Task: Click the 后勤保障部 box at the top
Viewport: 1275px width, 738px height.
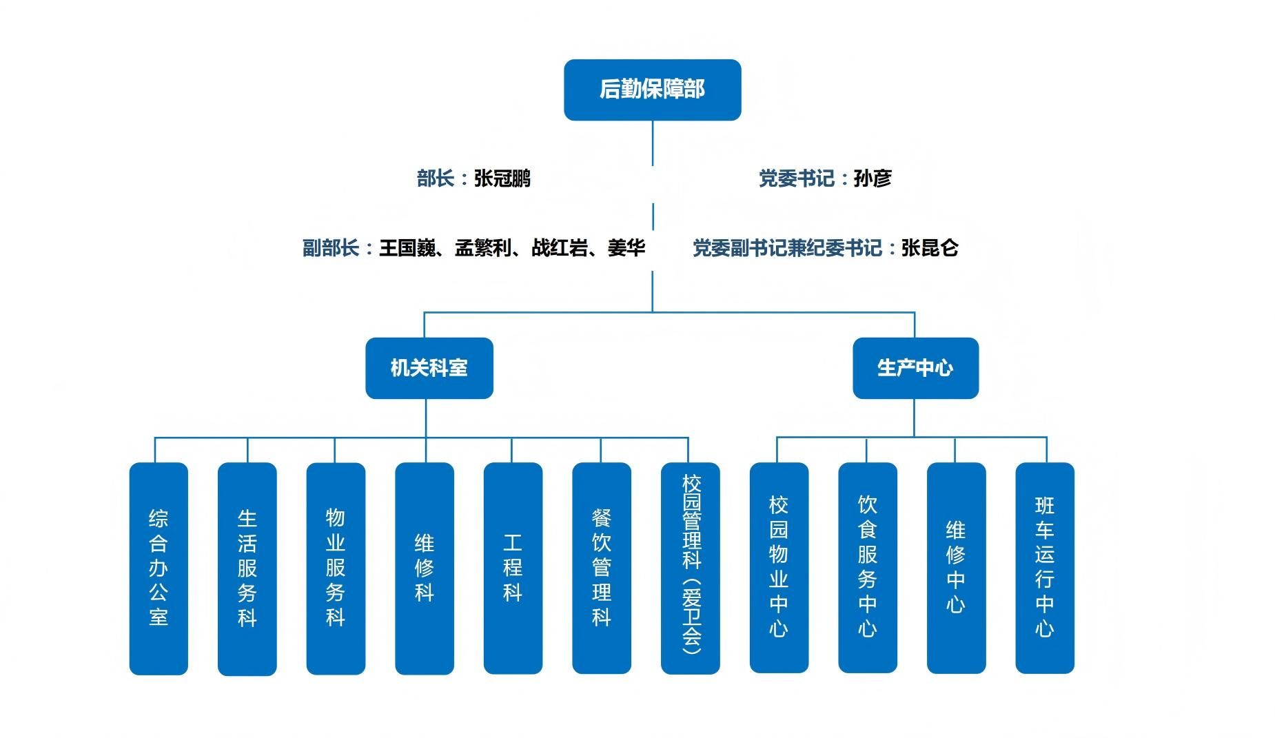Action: [x=652, y=90]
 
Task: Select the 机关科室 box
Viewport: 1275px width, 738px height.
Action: [x=429, y=368]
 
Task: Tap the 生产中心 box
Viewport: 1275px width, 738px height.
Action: [x=915, y=368]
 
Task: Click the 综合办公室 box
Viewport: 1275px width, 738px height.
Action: [x=159, y=568]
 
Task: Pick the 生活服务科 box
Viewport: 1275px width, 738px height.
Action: [x=247, y=568]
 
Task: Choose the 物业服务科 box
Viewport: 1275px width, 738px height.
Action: [x=336, y=568]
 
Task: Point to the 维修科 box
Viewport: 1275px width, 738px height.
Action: [x=425, y=568]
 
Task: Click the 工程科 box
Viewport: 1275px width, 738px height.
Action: [x=513, y=568]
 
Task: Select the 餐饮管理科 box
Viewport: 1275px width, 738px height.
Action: [x=602, y=568]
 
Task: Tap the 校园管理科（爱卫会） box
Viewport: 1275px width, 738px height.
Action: [x=691, y=568]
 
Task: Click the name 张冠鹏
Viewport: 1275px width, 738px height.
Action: [x=502, y=178]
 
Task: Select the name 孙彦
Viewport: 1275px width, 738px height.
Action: [x=873, y=178]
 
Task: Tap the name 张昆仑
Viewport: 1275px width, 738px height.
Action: [x=930, y=248]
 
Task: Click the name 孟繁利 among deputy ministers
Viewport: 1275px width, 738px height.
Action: [x=483, y=248]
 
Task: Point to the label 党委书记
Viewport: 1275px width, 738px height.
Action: [x=797, y=178]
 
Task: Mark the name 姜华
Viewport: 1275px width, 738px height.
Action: [x=626, y=248]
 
